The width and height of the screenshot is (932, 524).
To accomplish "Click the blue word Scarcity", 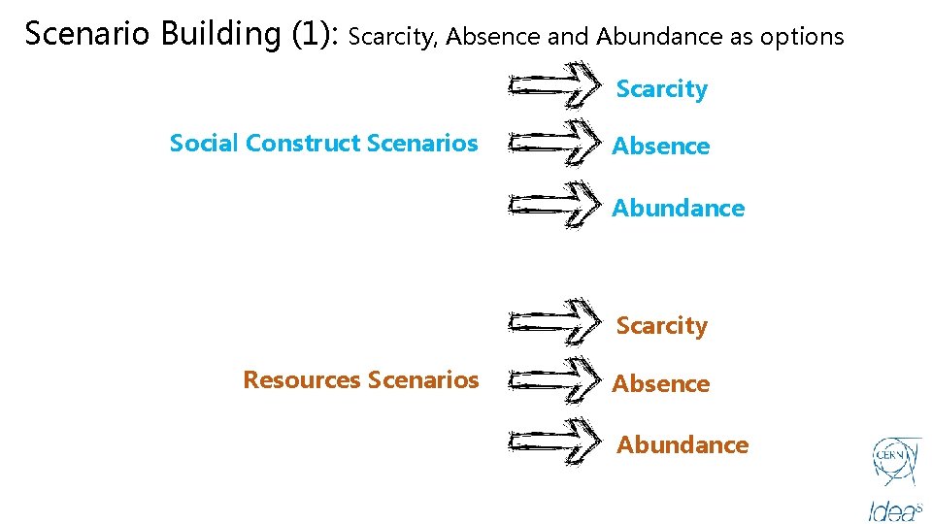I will tap(661, 89).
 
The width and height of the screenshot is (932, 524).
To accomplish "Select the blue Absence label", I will tap(660, 147).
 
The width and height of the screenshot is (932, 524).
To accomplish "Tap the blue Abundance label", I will tap(678, 208).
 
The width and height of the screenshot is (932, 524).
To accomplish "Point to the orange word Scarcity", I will tap(661, 326).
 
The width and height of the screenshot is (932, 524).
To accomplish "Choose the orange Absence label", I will tap(660, 384).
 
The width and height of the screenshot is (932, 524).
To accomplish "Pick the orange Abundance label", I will tap(682, 445).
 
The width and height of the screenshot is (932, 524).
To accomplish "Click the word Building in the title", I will tap(219, 35).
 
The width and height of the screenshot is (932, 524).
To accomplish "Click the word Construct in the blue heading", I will tap(303, 144).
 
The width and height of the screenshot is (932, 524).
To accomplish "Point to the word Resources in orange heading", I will tap(301, 379).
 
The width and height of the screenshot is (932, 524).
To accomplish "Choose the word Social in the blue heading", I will tap(204, 144).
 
